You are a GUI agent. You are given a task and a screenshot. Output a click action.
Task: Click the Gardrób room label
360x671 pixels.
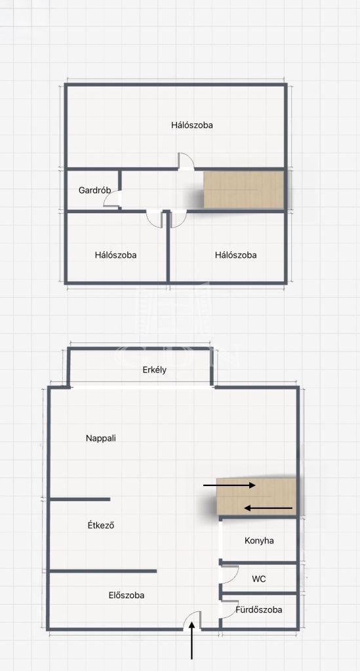click(92, 190)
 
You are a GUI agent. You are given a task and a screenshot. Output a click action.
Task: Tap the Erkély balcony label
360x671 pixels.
click(155, 370)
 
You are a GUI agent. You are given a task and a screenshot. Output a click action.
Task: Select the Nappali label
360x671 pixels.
click(101, 438)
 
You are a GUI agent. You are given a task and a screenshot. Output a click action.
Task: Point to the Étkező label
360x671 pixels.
click(100, 525)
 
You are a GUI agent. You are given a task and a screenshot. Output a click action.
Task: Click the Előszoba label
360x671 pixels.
click(127, 596)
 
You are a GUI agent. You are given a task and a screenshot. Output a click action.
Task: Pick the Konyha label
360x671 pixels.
click(260, 540)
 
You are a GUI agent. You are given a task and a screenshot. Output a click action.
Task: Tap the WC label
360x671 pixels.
click(258, 579)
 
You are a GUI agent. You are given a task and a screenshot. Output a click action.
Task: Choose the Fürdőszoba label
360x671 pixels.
click(258, 610)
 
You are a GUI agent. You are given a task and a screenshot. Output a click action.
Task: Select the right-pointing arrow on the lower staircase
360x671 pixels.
click(230, 485)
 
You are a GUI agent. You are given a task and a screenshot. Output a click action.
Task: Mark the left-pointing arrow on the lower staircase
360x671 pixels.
click(268, 508)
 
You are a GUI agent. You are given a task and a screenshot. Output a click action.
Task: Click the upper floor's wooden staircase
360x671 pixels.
click(243, 190)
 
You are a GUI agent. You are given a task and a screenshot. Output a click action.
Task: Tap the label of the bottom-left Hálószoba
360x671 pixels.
click(115, 255)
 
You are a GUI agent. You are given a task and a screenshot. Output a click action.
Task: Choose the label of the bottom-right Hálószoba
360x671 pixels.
click(236, 255)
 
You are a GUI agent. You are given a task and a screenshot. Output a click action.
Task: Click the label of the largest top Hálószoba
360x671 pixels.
click(192, 125)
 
